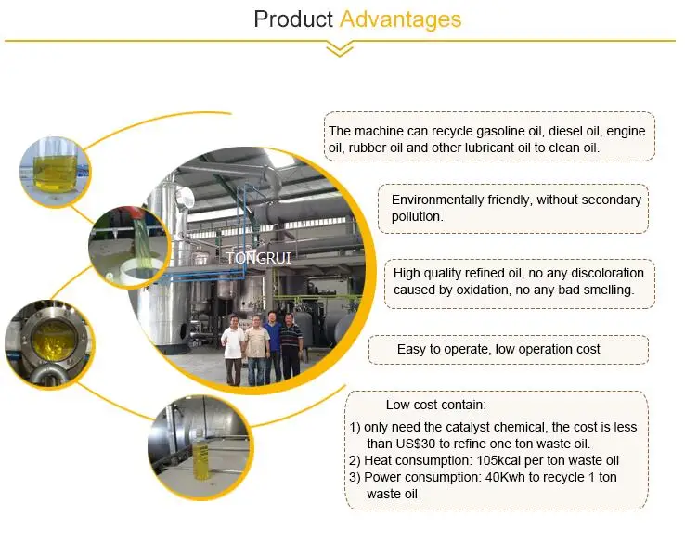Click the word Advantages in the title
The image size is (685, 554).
tap(400, 20)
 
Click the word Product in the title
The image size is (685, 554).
tap(293, 19)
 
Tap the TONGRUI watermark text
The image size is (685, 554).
tap(259, 258)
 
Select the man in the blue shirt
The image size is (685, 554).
tap(273, 347)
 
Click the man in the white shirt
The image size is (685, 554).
tap(232, 351)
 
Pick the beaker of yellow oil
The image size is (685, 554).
tap(55, 166)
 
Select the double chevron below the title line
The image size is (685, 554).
tap(340, 49)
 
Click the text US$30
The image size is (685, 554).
tap(416, 444)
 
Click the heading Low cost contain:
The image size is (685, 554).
tap(436, 405)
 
